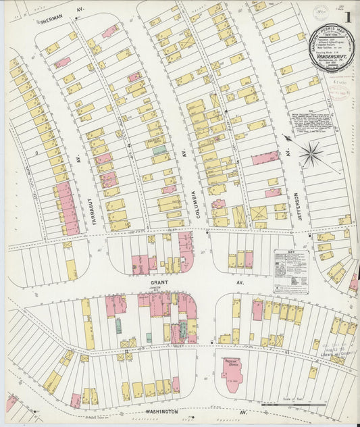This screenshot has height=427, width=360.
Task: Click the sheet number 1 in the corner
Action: [x=347, y=16]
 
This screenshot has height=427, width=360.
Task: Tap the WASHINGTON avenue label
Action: [x=160, y=411]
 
